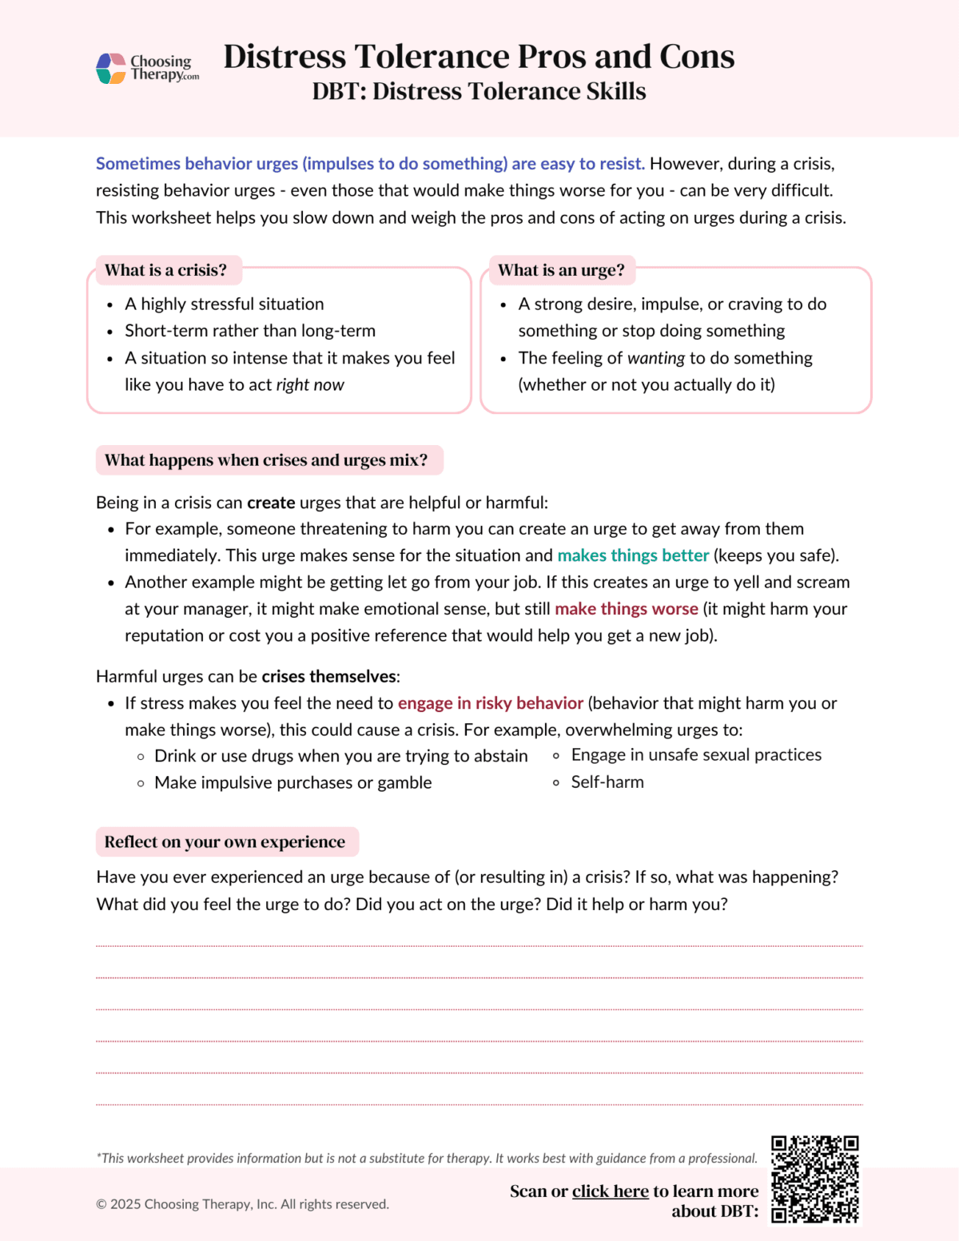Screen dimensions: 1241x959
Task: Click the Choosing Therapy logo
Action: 148,68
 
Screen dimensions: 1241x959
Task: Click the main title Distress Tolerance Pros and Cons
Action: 479,57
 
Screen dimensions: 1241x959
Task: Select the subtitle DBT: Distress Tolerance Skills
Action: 479,91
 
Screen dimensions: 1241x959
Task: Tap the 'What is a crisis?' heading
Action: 165,270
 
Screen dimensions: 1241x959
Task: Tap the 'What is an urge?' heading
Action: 561,270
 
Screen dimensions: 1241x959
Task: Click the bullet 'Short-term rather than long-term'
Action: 249,331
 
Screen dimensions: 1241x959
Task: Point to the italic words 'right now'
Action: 310,385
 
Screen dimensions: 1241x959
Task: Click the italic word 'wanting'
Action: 656,358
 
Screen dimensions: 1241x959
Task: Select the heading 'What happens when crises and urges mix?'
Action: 266,460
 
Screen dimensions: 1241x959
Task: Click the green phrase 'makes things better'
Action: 633,555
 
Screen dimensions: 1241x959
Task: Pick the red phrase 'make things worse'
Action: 627,609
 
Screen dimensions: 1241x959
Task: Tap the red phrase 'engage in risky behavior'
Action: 491,703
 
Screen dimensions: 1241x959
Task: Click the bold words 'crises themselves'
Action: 328,677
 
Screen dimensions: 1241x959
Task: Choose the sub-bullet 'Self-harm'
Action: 607,782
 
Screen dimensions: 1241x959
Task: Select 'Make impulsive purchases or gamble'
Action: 292,783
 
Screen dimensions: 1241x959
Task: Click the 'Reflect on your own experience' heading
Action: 225,842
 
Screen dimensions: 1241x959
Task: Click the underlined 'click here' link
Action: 610,1191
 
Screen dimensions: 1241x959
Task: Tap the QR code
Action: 814,1179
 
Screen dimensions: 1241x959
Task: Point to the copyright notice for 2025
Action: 242,1204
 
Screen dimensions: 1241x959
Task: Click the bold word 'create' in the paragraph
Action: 271,503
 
